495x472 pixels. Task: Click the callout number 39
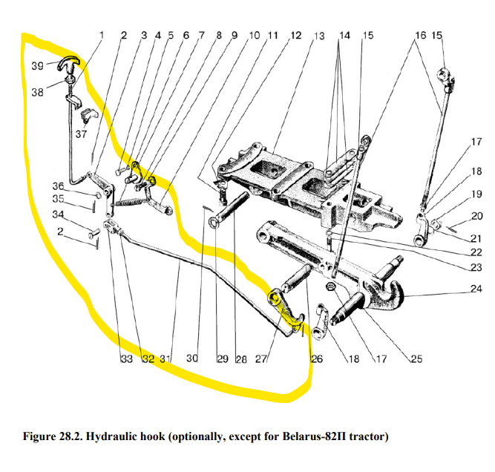37,66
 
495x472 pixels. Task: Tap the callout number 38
37,92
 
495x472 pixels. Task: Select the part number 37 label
80,134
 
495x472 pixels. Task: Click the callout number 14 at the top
345,36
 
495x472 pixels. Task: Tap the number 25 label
416,360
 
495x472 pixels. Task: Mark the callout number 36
57,186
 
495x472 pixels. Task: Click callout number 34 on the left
57,215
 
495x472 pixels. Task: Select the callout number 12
296,35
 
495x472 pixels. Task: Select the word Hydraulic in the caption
132,436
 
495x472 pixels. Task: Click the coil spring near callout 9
131,201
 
